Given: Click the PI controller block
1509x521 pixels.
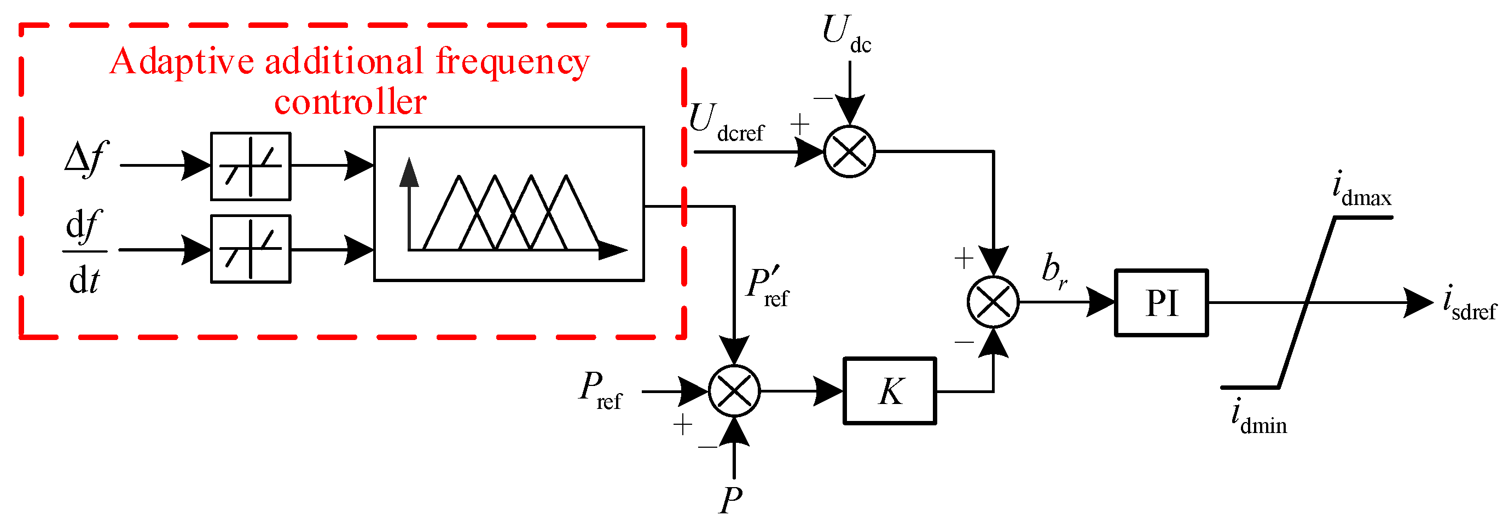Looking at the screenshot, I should pyautogui.click(x=1161, y=303).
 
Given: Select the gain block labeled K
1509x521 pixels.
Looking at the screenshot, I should pyautogui.click(x=889, y=391).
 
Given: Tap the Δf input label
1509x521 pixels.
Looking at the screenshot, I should pyautogui.click(x=86, y=159).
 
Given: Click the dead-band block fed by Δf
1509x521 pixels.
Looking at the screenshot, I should pyautogui.click(x=251, y=166).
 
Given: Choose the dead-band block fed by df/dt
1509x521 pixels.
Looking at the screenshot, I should pyautogui.click(x=251, y=249).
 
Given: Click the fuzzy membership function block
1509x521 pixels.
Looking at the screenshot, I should pyautogui.click(x=508, y=204).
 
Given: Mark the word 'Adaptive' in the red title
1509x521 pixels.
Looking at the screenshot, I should pyautogui.click(x=182, y=61).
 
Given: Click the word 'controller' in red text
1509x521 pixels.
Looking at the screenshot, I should pyautogui.click(x=350, y=102).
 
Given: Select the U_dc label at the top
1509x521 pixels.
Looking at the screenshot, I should pyautogui.click(x=845, y=34).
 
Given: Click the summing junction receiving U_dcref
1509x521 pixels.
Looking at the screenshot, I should pyautogui.click(x=849, y=151).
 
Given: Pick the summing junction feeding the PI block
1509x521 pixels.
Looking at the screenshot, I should pyautogui.click(x=993, y=302).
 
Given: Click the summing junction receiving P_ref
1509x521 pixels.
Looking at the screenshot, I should pyautogui.click(x=734, y=391).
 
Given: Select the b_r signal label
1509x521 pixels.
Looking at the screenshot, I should pyautogui.click(x=1054, y=271).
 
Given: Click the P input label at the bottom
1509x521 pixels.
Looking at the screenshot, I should pyautogui.click(x=731, y=499).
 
